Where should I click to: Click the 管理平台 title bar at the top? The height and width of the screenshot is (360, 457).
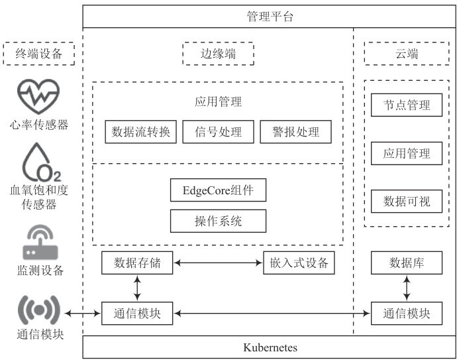tap(270, 17)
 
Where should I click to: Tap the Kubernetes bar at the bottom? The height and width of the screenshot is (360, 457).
tap(270, 347)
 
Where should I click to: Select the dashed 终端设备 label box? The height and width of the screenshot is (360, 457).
tap(38, 54)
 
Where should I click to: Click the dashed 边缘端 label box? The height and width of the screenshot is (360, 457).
tap(218, 54)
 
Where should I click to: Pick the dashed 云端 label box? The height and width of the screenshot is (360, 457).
tap(407, 54)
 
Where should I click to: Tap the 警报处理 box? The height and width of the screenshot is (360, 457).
tap(295, 131)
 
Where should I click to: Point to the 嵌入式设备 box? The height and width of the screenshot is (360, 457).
tap(299, 263)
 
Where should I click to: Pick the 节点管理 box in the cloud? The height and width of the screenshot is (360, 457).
tap(407, 105)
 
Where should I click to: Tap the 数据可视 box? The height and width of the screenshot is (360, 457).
tap(407, 201)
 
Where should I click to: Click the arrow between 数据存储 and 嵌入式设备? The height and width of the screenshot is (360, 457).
tap(218, 263)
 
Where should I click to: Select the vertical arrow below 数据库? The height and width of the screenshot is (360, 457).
tap(407, 288)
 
